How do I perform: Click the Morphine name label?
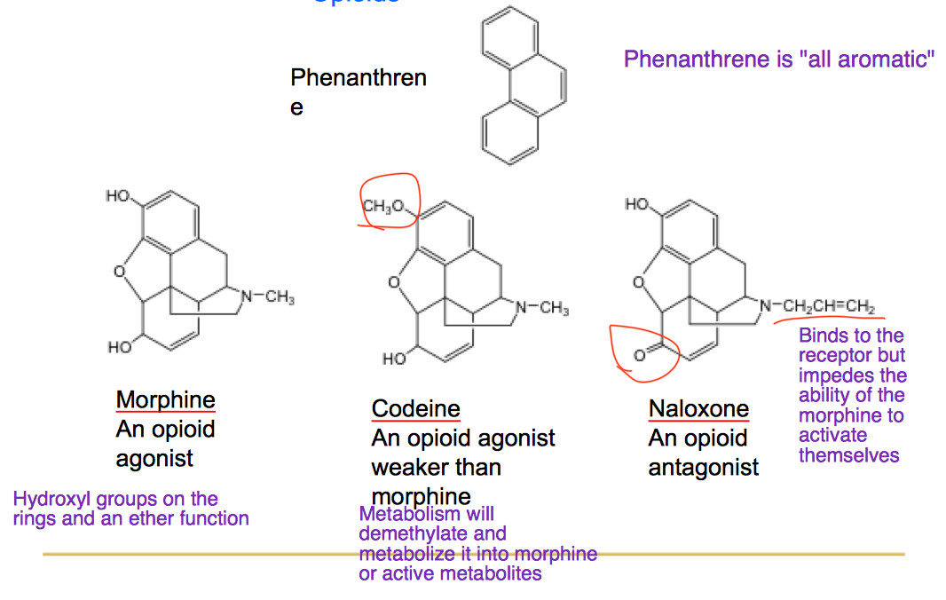click(x=165, y=399)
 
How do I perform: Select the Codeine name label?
click(x=415, y=408)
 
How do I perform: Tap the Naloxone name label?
click(x=698, y=408)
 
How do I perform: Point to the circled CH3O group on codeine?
click(x=385, y=207)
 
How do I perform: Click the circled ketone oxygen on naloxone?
click(x=638, y=356)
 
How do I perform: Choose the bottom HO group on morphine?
click(x=120, y=347)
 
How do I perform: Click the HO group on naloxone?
click(x=636, y=205)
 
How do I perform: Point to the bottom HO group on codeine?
click(x=394, y=359)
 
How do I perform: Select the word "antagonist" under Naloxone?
click(x=703, y=467)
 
